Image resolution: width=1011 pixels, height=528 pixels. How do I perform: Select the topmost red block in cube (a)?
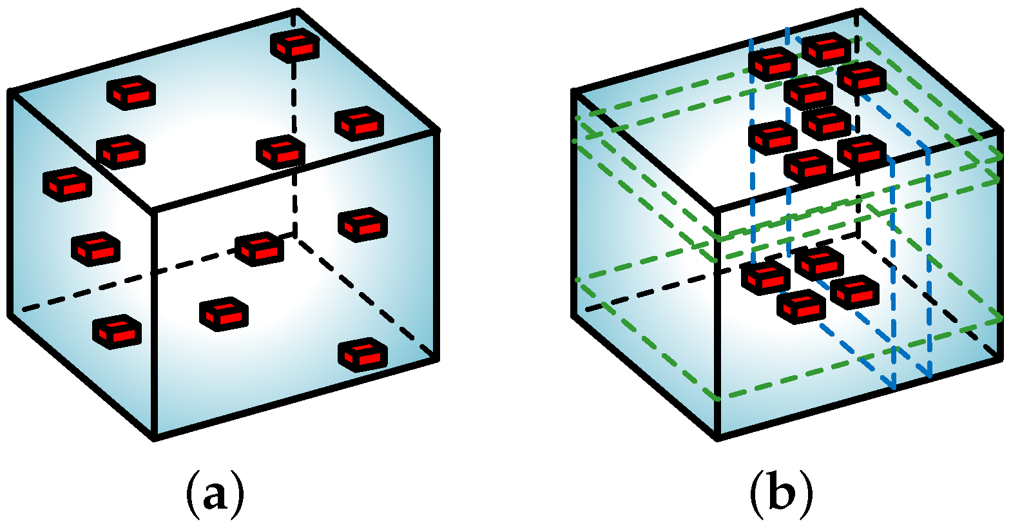coord(294,45)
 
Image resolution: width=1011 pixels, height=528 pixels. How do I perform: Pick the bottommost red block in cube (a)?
coord(363,354)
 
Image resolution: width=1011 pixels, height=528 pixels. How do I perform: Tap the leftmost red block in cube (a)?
coord(67,184)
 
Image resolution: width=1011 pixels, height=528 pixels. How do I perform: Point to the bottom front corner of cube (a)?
coord(155,438)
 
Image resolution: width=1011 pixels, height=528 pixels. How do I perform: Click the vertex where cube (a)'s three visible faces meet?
coord(153,210)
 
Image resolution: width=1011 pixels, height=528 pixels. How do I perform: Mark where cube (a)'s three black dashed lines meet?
coord(295,237)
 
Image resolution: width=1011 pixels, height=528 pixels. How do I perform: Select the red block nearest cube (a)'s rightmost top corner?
coord(359,123)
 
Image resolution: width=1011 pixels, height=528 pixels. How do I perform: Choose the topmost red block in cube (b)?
coord(826,49)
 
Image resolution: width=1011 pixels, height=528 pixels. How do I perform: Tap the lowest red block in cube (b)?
coord(801,306)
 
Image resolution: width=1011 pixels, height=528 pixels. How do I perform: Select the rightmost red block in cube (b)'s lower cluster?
coord(854,291)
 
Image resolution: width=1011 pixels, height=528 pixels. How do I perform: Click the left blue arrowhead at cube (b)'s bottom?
coord(892,384)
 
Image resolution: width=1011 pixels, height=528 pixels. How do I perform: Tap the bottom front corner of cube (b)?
coord(718,438)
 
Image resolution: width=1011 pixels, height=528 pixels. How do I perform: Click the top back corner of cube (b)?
coord(860,12)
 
